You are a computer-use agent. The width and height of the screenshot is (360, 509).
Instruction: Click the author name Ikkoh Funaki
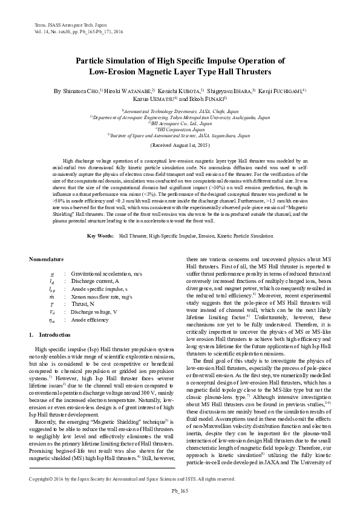pyautogui.click(x=209, y=98)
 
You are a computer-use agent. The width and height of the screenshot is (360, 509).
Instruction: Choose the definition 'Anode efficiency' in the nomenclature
pyautogui.click(x=91, y=319)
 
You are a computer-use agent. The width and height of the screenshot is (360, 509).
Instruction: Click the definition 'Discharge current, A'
pyautogui.click(x=95, y=281)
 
